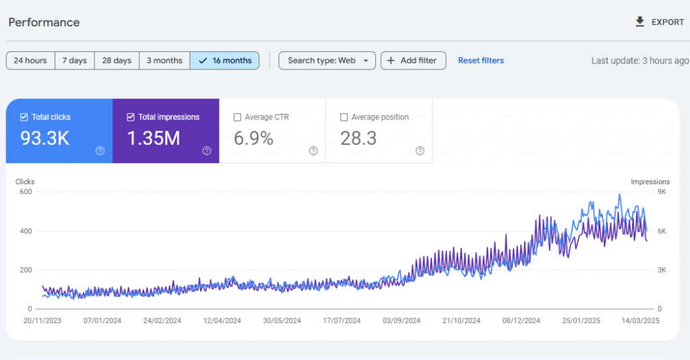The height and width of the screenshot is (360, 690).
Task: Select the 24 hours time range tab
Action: point(30,61)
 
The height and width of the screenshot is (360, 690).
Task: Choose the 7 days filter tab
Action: point(74,61)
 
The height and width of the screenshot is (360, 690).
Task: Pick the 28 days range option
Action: point(117,61)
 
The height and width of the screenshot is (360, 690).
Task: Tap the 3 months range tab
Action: point(164,61)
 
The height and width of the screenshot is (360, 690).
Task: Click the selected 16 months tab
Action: point(225,61)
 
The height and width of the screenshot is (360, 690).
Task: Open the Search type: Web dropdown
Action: point(327,61)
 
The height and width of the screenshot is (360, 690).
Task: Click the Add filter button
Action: point(412,61)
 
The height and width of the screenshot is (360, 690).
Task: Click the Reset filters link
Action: point(480,61)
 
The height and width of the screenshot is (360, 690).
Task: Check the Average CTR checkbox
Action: point(237,117)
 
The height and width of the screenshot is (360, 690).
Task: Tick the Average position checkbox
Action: point(344,117)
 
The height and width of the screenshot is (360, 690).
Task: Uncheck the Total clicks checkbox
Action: point(24,117)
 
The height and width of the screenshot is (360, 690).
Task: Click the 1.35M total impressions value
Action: point(154,139)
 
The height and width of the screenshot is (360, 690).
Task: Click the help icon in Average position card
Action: point(420,151)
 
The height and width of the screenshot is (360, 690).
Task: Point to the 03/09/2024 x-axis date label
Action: point(402,321)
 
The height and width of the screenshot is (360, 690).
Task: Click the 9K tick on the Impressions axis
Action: point(662,192)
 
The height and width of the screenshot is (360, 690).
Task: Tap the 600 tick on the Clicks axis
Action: point(25,192)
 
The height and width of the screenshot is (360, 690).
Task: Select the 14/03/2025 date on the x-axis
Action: point(641,321)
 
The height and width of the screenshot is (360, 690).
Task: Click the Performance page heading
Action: point(44,22)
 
